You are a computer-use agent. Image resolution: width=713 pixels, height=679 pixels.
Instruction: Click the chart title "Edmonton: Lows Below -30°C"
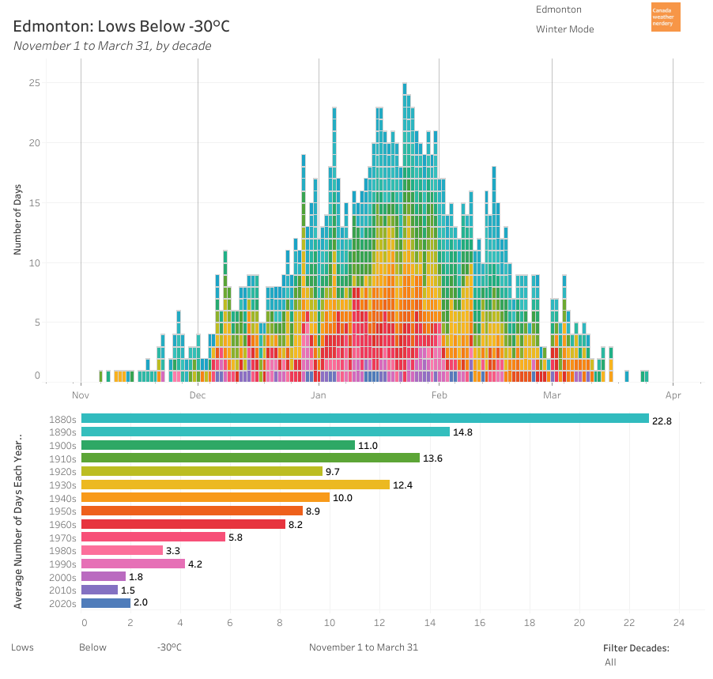click(121, 26)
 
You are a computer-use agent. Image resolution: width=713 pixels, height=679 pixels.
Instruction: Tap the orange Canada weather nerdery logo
click(665, 17)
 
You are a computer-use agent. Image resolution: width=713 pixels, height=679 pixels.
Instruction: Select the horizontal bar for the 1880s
click(364, 418)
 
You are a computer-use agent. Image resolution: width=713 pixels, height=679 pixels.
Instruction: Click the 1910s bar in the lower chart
click(250, 458)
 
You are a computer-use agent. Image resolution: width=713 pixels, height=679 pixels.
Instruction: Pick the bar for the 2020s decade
click(105, 602)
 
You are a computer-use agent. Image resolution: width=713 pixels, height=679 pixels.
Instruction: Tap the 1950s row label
click(62, 511)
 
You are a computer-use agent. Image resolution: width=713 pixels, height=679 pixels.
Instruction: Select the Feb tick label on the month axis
click(439, 394)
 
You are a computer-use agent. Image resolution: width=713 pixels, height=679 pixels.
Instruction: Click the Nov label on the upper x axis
click(81, 394)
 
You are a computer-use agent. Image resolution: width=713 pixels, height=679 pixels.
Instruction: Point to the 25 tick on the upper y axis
click(34, 83)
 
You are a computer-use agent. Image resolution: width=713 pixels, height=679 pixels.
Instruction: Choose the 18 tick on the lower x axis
click(530, 622)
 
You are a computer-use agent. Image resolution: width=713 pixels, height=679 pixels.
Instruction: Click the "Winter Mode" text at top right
click(564, 29)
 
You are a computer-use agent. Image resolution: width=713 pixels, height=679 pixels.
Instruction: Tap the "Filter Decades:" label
click(636, 648)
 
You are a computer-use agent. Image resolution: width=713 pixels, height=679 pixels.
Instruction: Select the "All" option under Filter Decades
click(610, 662)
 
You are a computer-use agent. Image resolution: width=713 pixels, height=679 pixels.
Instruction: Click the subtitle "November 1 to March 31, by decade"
click(112, 45)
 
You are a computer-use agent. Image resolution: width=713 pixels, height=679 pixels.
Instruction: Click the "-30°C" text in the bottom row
click(169, 647)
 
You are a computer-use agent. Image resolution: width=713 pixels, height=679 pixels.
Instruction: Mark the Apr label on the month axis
click(673, 394)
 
